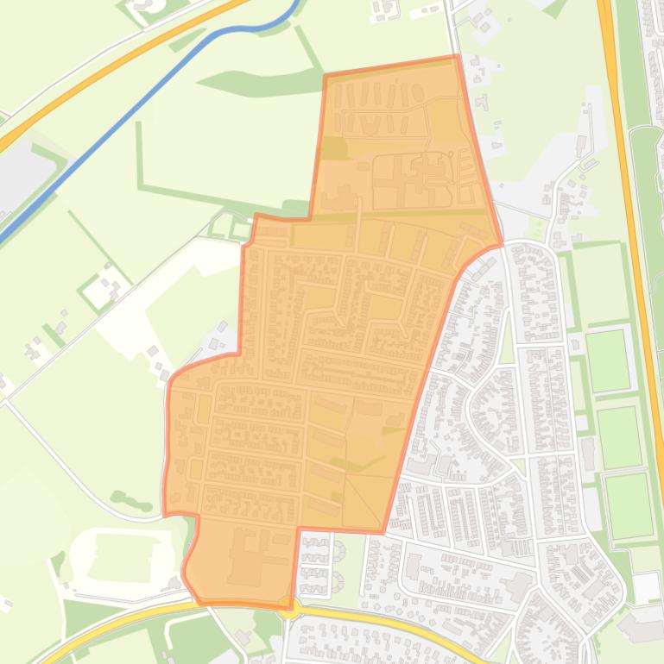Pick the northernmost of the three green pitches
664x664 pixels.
(608, 360)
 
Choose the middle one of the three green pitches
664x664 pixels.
(619, 435)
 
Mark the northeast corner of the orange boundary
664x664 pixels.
(456, 57)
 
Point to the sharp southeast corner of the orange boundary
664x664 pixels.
(382, 531)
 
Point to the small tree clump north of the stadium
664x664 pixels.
(130, 499)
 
